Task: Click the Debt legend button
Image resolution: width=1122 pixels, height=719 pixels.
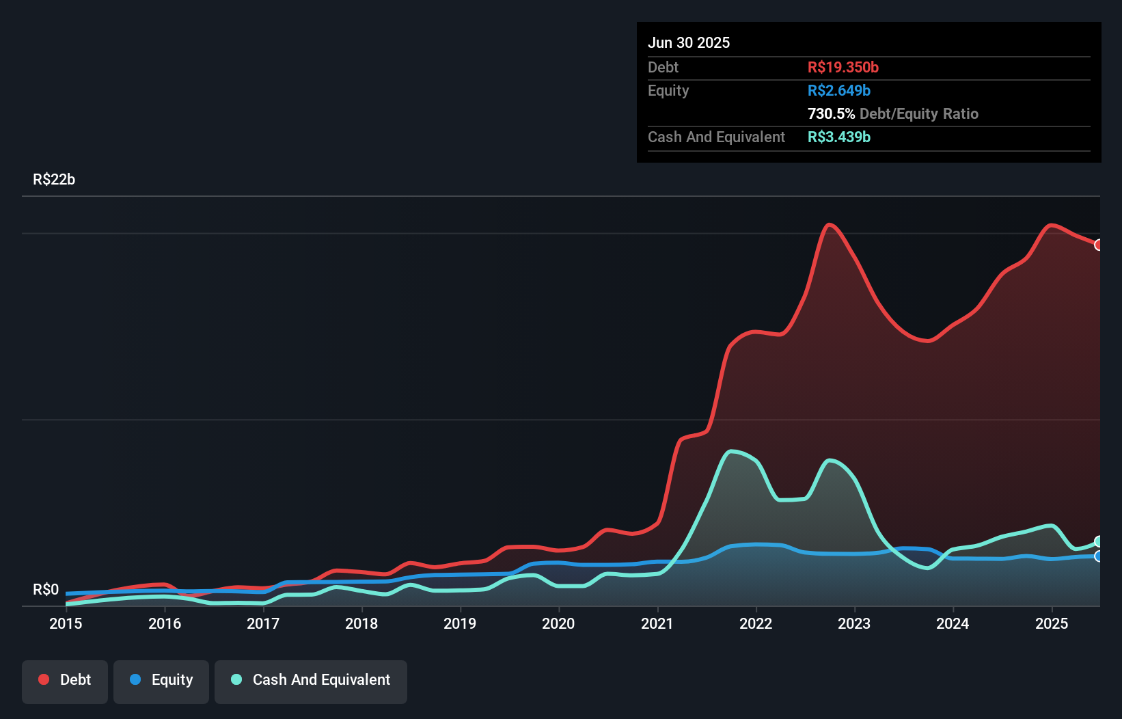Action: tap(65, 680)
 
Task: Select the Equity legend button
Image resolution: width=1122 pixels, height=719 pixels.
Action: tap(161, 680)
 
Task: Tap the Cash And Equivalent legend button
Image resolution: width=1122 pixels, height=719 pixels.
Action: tap(311, 680)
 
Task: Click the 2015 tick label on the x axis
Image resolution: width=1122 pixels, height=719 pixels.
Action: tap(66, 623)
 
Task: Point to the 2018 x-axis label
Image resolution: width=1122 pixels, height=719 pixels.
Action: tap(361, 623)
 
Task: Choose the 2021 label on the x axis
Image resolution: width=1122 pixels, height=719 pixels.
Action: tap(657, 623)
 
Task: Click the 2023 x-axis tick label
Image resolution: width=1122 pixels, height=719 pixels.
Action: tap(854, 623)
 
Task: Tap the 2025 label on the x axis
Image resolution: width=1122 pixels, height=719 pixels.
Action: tap(1052, 623)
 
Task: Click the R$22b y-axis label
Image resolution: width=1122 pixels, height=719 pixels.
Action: tap(54, 180)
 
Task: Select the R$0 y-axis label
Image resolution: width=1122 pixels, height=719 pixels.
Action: tap(46, 590)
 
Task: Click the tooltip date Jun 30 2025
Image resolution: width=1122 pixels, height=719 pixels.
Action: tap(689, 43)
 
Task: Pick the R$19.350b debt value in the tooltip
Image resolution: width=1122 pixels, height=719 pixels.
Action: tap(843, 68)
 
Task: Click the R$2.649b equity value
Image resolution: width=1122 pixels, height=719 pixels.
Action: tap(838, 91)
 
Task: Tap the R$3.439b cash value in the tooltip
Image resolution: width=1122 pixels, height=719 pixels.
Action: tap(838, 137)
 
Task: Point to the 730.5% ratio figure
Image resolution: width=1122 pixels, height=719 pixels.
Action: tap(831, 114)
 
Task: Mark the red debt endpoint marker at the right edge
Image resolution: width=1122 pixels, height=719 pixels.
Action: tap(1099, 245)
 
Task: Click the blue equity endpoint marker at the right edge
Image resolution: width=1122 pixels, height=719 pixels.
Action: tap(1099, 556)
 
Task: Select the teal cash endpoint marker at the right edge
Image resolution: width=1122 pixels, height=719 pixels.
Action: tap(1099, 542)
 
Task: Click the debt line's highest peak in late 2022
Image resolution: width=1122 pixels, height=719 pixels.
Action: tap(829, 225)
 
